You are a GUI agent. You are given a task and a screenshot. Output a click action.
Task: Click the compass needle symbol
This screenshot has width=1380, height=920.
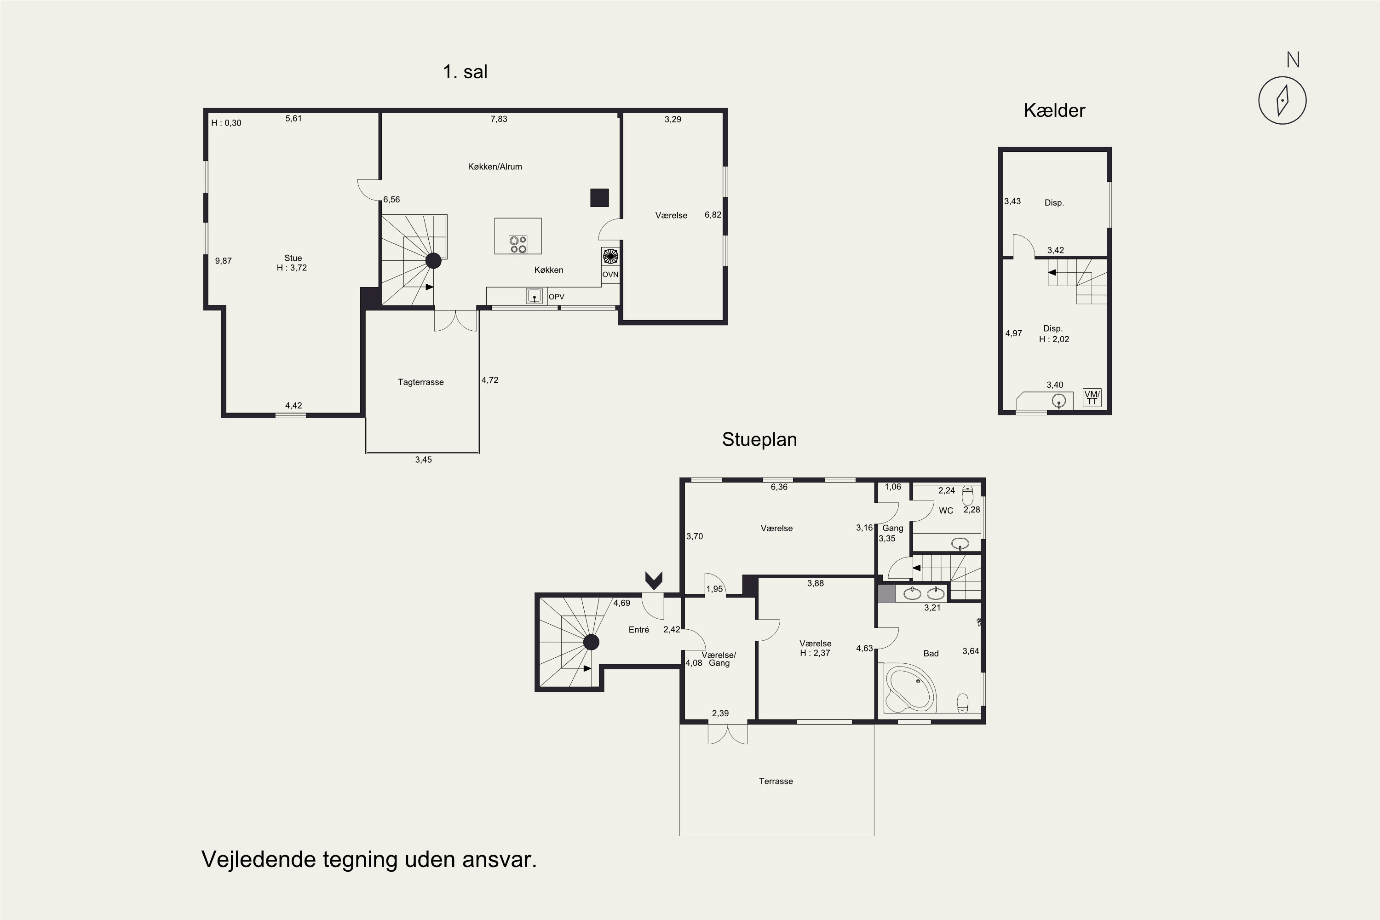click(x=1282, y=100)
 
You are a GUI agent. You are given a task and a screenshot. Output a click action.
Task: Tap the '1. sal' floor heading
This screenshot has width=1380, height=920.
click(x=465, y=72)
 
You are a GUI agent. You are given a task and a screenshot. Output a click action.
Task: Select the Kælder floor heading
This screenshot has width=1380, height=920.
click(x=1054, y=110)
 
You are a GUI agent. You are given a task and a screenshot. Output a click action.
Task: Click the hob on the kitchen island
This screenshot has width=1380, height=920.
click(x=518, y=244)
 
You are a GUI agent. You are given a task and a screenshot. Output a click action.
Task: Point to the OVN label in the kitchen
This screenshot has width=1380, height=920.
click(x=610, y=275)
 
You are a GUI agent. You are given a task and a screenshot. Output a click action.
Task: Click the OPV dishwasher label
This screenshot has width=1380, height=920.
click(x=556, y=297)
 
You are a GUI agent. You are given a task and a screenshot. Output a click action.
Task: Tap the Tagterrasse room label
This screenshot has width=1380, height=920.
click(x=421, y=382)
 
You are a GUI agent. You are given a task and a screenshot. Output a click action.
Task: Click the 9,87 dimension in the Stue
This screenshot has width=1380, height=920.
click(x=223, y=261)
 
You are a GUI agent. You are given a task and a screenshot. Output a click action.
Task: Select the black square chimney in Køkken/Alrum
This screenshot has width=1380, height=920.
click(x=599, y=198)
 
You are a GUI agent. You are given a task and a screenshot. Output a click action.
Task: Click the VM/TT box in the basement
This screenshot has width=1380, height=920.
click(x=1092, y=398)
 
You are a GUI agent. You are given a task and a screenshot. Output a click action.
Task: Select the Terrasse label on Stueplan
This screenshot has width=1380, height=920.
click(x=776, y=781)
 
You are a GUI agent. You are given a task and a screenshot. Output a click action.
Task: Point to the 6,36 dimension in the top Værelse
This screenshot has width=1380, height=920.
click(x=779, y=487)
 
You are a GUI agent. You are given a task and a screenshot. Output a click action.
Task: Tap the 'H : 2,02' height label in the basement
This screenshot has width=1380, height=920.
click(x=1054, y=339)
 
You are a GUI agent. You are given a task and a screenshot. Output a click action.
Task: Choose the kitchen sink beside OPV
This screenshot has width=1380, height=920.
click(x=534, y=296)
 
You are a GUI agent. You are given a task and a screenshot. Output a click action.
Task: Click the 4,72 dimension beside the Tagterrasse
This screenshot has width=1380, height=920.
click(x=490, y=380)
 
